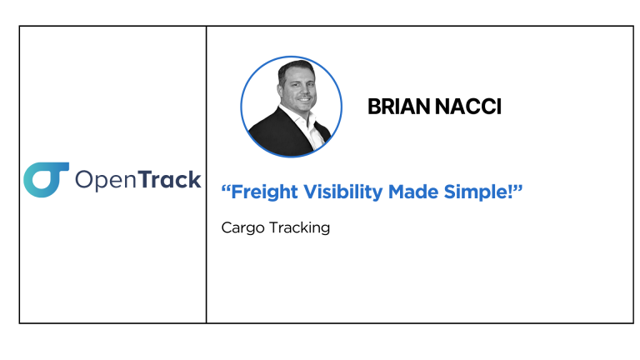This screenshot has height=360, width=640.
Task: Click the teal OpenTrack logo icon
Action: (x=46, y=180)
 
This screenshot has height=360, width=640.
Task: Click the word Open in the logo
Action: (x=106, y=180)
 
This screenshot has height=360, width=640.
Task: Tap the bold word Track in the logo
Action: (x=170, y=179)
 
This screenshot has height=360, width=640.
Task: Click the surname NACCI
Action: (x=468, y=107)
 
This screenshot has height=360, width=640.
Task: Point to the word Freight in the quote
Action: (x=264, y=192)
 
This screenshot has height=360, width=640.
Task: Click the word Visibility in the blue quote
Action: (x=343, y=192)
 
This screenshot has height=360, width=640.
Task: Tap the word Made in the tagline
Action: (x=413, y=192)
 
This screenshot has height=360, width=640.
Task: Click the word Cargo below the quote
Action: (x=242, y=228)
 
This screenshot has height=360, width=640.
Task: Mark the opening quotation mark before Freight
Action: (x=226, y=188)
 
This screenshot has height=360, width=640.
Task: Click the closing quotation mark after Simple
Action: (x=518, y=188)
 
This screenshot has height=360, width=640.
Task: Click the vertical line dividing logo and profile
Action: (x=206, y=175)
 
